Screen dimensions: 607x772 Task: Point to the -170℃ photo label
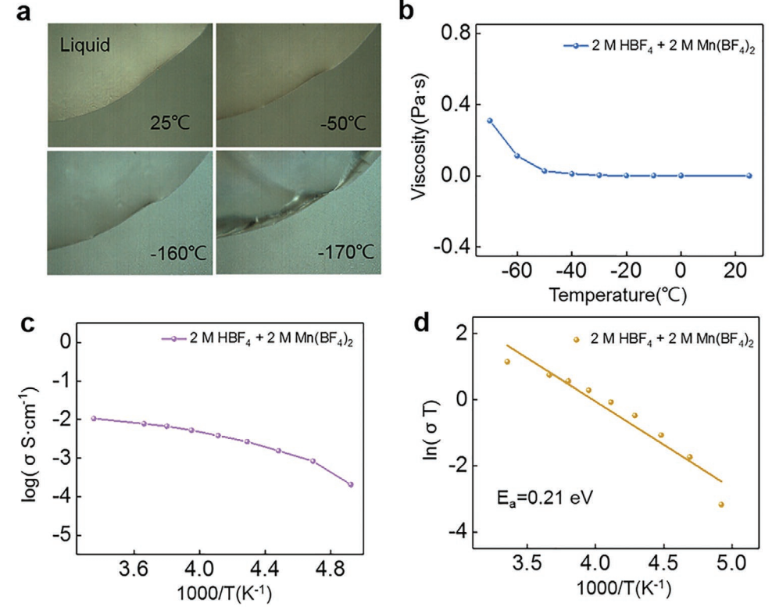pos(345,255)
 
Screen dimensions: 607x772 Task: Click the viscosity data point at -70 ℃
pos(490,121)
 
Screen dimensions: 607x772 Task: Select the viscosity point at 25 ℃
pos(749,176)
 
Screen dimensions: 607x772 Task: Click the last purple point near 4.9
pos(351,484)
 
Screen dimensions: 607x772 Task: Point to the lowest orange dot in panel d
pos(720,505)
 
